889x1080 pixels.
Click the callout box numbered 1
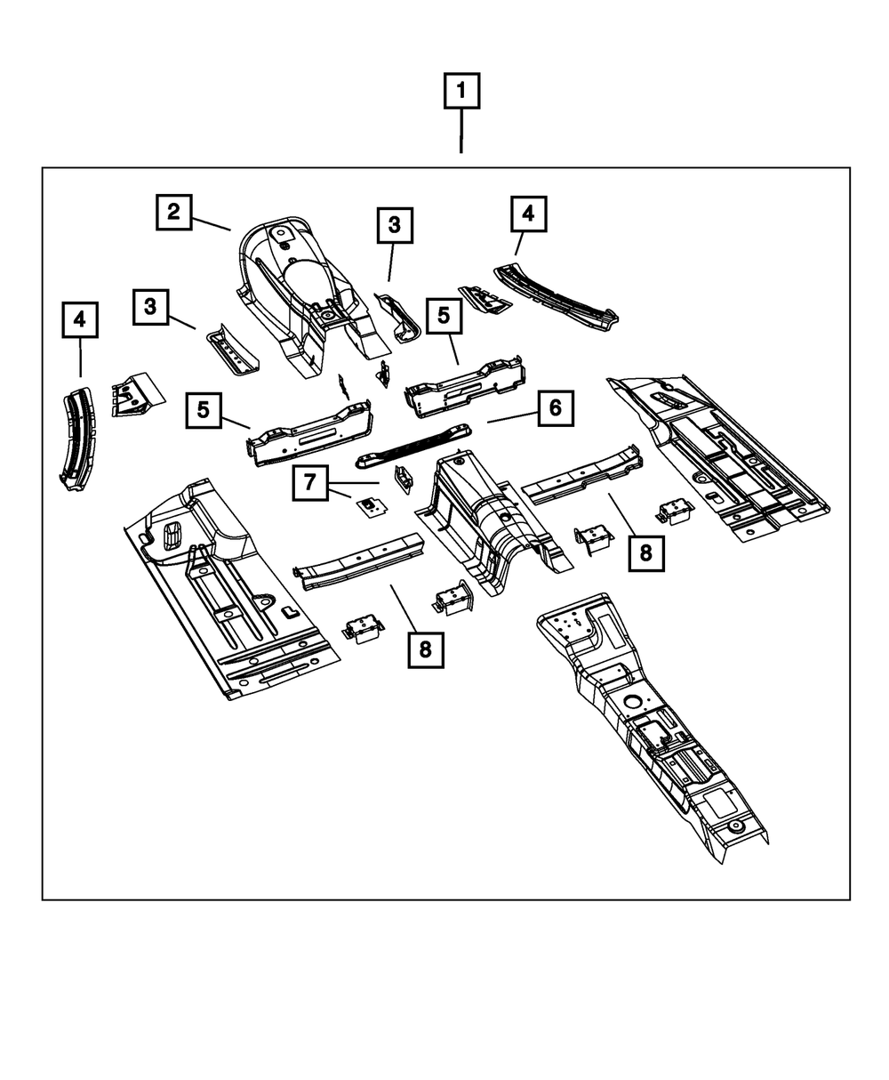pyautogui.click(x=461, y=91)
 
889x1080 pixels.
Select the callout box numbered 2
pyautogui.click(x=173, y=212)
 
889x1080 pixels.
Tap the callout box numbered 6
pyautogui.click(x=555, y=408)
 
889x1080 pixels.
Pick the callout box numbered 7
pyautogui.click(x=309, y=483)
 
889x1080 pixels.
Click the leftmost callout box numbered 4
pyautogui.click(x=80, y=319)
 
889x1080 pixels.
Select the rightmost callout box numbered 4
pyautogui.click(x=528, y=214)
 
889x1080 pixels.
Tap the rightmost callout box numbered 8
pyautogui.click(x=645, y=552)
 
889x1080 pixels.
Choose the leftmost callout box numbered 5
pyautogui.click(x=204, y=410)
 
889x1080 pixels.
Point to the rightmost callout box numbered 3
pyautogui.click(x=394, y=226)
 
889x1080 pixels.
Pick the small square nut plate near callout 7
pyautogui.click(x=369, y=507)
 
